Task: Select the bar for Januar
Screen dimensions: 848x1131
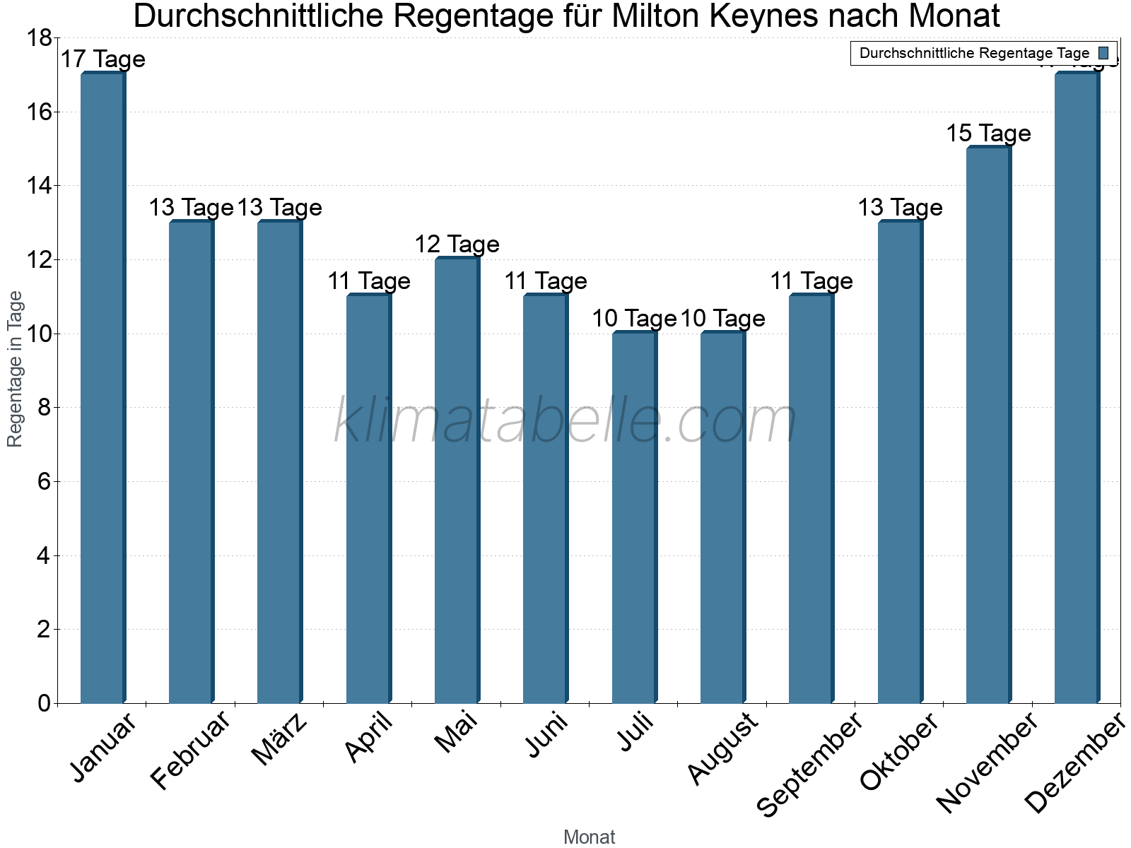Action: pyautogui.click(x=102, y=389)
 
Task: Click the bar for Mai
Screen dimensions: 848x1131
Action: pyautogui.click(x=457, y=481)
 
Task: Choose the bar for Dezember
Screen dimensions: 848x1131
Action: pyautogui.click(x=1077, y=389)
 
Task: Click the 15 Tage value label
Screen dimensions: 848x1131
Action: pyautogui.click(x=988, y=133)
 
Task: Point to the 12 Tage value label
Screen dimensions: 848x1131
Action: pyautogui.click(x=457, y=245)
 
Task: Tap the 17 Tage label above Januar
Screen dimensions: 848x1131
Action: pyautogui.click(x=102, y=59)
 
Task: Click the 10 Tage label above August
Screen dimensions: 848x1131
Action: pyautogui.click(x=722, y=319)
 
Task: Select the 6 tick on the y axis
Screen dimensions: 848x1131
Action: pyautogui.click(x=44, y=482)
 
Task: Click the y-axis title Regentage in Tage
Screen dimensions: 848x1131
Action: pyautogui.click(x=15, y=369)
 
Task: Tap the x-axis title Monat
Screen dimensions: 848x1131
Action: pyautogui.click(x=589, y=837)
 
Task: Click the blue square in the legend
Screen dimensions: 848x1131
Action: pyautogui.click(x=1103, y=53)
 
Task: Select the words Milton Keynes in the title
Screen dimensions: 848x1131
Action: pyautogui.click(x=707, y=16)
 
